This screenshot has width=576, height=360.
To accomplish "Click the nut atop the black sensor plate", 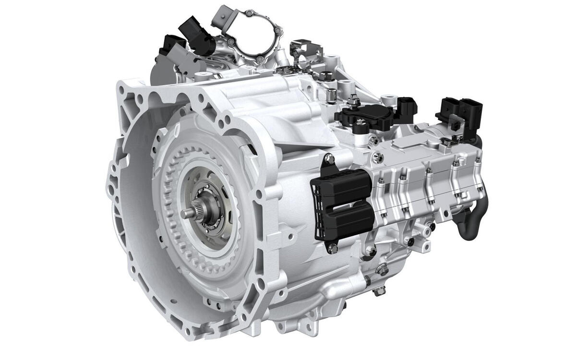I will point(353,99).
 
